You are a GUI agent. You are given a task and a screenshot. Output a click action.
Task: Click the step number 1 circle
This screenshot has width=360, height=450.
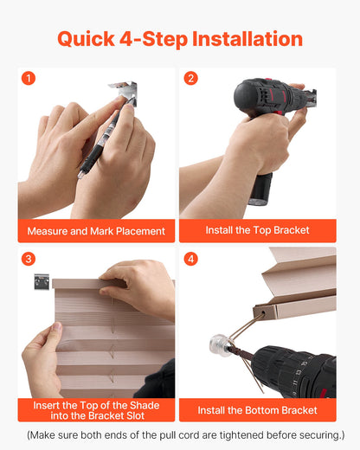click(x=29, y=78)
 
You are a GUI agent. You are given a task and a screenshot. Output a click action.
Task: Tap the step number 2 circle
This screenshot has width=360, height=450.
click(x=190, y=78)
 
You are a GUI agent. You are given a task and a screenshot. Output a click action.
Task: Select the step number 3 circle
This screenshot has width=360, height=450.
click(x=29, y=259)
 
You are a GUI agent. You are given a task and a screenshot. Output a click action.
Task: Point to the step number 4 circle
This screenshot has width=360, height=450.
click(x=190, y=259)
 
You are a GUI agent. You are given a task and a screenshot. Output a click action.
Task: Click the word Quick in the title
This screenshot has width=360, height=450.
click(x=86, y=39)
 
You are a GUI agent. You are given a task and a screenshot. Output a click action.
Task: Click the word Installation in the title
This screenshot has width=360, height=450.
click(x=247, y=39)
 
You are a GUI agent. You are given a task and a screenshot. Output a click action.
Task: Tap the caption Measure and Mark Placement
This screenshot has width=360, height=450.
click(x=96, y=231)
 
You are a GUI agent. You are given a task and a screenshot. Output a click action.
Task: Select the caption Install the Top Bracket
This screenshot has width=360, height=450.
click(x=257, y=230)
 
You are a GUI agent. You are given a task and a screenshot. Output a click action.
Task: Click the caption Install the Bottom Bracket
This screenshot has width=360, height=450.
click(x=257, y=410)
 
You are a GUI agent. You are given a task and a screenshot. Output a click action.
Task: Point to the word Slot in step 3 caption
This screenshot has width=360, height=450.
click(x=136, y=415)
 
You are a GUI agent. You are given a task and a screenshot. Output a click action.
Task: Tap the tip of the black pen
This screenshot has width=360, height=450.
click(x=80, y=176)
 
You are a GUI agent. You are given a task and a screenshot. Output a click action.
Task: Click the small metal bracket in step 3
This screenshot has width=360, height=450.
click(x=42, y=281)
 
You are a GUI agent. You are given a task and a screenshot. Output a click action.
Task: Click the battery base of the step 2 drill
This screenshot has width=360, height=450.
click(x=260, y=189)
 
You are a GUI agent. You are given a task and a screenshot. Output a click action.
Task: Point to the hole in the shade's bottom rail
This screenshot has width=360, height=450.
click(x=263, y=312)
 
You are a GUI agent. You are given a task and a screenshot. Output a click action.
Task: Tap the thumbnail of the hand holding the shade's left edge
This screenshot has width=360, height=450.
click(x=57, y=327)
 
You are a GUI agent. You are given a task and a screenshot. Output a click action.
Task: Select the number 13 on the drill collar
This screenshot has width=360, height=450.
click(x=299, y=372)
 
